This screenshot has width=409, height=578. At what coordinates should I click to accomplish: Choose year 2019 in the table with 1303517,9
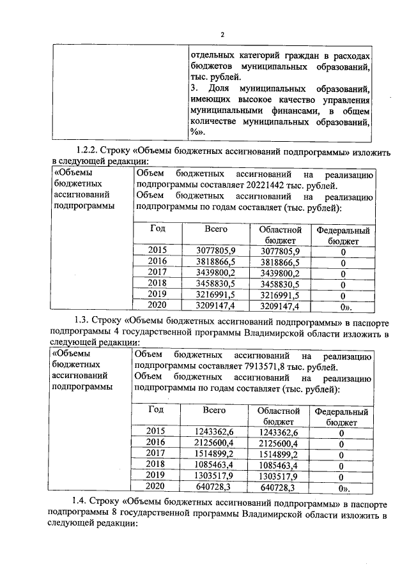click(x=156, y=475)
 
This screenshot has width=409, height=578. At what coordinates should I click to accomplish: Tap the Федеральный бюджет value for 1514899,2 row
click(x=342, y=454)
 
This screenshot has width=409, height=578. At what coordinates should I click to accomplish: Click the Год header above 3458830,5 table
click(x=157, y=229)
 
